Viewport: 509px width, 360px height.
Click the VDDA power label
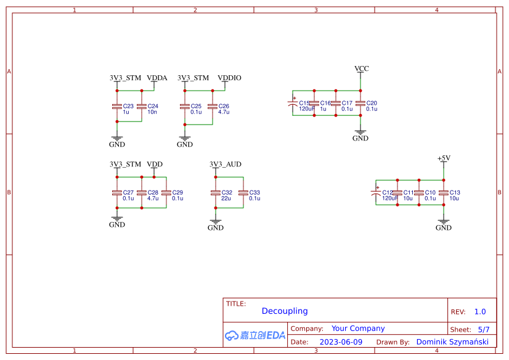(157, 78)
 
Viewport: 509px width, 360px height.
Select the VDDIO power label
(229, 78)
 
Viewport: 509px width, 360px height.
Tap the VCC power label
(361, 68)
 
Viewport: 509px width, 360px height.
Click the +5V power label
(444, 158)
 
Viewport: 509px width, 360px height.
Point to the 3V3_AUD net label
(226, 165)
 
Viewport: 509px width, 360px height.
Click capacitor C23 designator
(128, 106)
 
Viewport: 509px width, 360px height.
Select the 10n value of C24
(152, 112)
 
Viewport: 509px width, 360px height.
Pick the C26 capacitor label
(224, 106)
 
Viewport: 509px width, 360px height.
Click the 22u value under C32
(226, 198)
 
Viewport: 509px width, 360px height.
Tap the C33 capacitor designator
(254, 192)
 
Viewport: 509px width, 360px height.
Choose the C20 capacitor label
(372, 103)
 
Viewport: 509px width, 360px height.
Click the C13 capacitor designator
(455, 192)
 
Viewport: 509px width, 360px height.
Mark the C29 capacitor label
(177, 192)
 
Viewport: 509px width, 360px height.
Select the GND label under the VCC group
(360, 138)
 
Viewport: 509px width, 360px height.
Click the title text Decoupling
(285, 311)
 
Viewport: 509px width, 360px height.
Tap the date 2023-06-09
(341, 342)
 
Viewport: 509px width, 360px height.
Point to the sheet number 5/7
(483, 330)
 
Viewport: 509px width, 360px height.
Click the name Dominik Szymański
(452, 342)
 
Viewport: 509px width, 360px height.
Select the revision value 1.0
(480, 312)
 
